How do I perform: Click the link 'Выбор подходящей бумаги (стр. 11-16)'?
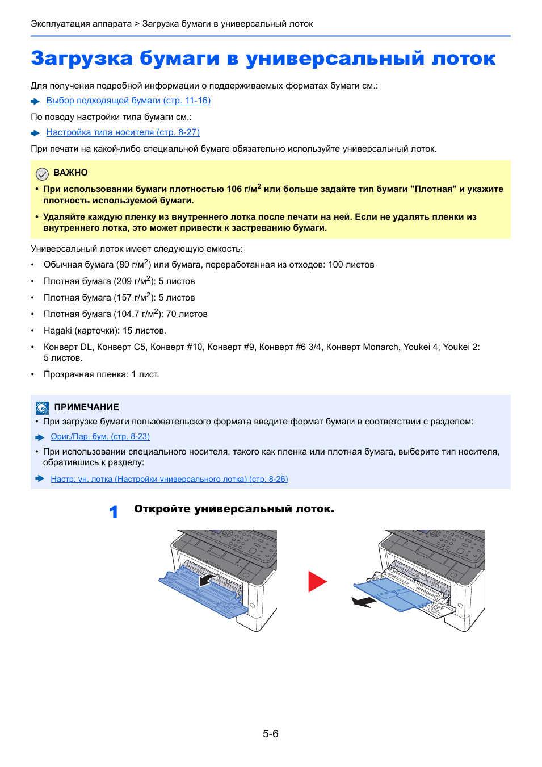point(128,101)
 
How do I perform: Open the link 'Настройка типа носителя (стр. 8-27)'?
point(123,132)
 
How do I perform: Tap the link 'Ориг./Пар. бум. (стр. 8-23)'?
point(100,437)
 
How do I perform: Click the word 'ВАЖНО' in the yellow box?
point(70,173)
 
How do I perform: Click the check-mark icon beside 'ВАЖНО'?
point(42,174)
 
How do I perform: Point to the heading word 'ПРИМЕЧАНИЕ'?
point(86,407)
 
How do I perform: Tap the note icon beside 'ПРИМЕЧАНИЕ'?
point(42,408)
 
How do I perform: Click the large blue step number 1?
point(114,512)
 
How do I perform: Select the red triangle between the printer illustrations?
point(317,582)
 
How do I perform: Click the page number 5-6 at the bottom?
point(271,734)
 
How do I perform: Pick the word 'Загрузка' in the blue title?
point(82,59)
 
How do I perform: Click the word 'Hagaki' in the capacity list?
point(58,331)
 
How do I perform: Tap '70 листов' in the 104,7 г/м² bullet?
point(187,314)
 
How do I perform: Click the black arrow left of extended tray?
point(364,602)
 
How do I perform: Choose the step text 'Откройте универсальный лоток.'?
point(234,509)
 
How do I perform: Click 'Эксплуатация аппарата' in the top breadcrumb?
point(81,24)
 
